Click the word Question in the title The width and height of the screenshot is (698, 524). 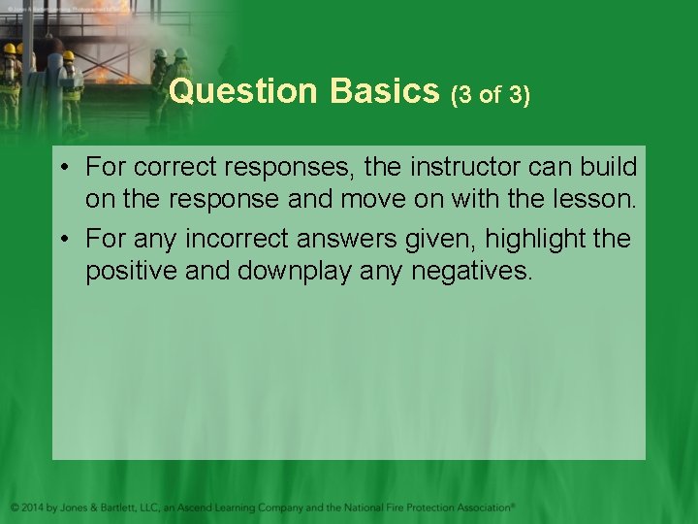coord(242,92)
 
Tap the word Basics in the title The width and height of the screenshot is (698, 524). coord(385,92)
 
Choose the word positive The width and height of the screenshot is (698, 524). coord(131,272)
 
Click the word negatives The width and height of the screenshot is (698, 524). coord(472,272)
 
